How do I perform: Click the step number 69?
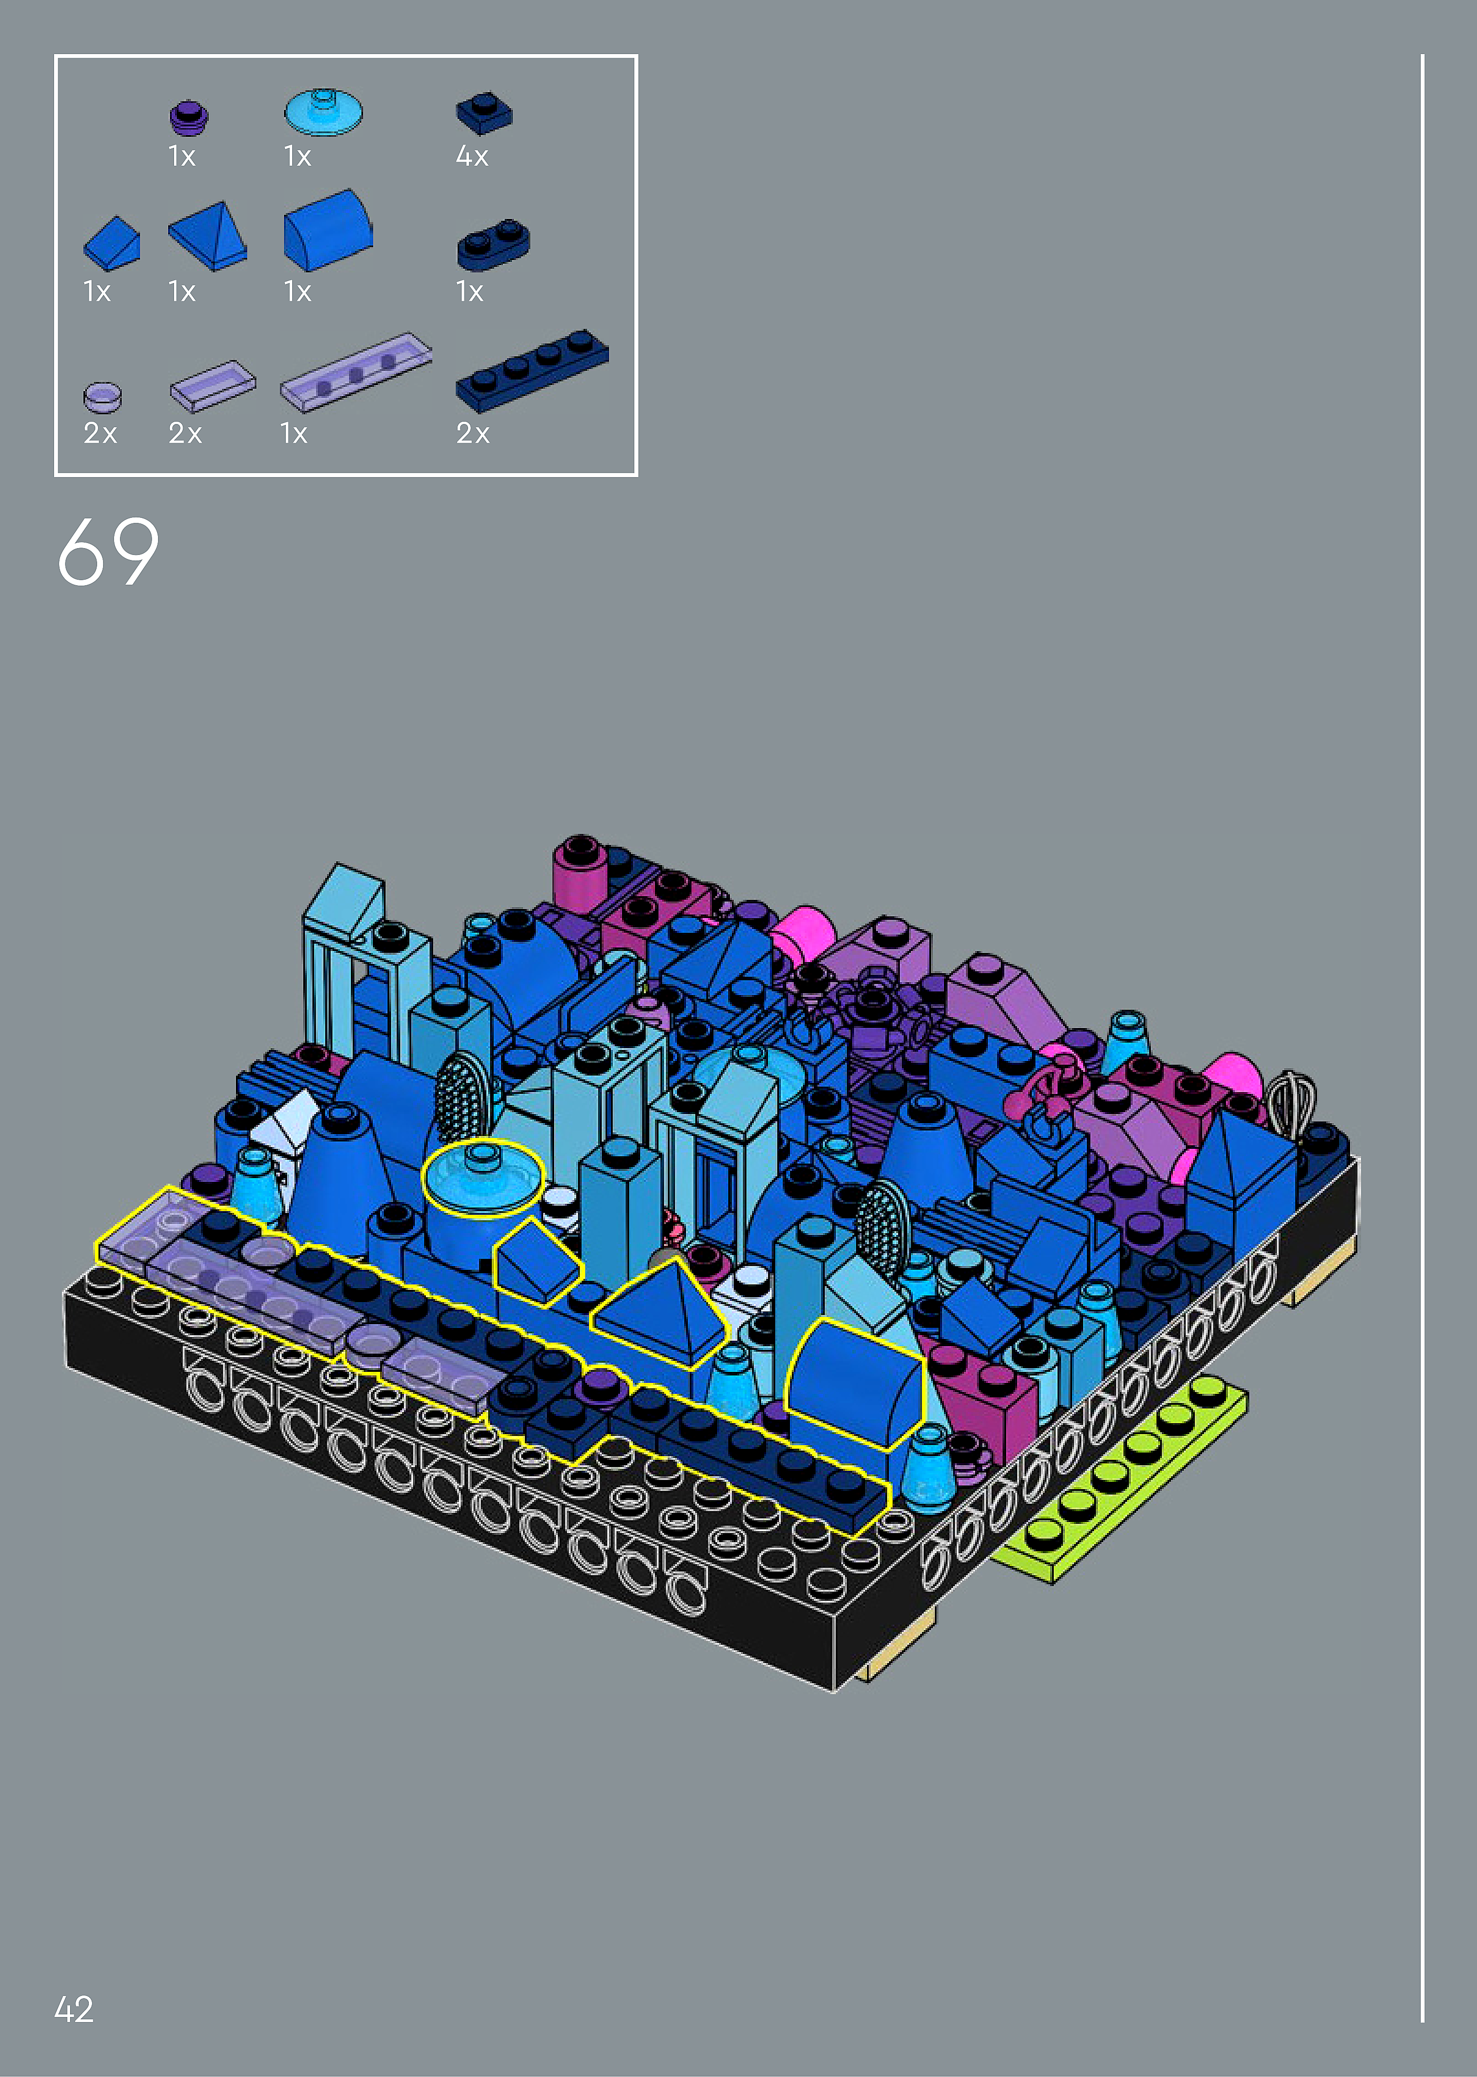tap(108, 551)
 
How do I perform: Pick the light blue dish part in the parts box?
tap(324, 111)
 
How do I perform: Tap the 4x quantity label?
tap(472, 157)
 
